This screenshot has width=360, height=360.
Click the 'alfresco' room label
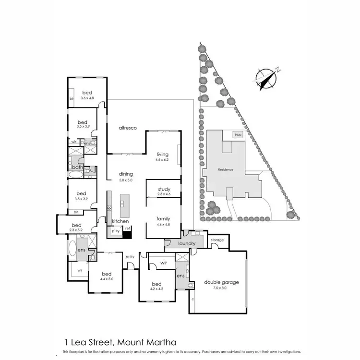128,128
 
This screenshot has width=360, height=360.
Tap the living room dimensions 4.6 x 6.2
163,160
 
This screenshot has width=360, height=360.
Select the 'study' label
164,189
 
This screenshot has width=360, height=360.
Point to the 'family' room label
163,218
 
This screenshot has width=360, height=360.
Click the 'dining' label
126,174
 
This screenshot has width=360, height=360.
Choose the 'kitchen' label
120,221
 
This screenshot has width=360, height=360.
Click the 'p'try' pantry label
115,231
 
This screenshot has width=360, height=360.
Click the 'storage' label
217,240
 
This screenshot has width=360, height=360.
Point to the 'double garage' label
221,283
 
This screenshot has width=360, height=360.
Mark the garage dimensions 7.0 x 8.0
221,289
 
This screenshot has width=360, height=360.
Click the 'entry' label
130,257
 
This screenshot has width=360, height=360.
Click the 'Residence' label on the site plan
225,170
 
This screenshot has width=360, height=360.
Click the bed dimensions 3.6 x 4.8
87,98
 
